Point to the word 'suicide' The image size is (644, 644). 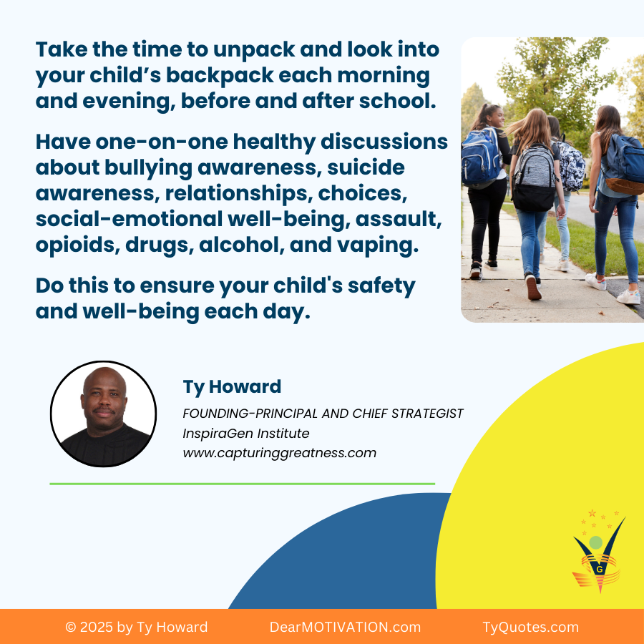[366, 167]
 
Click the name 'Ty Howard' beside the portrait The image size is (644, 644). [232, 387]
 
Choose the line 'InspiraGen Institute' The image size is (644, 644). [246, 434]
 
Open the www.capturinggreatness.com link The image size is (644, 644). [279, 453]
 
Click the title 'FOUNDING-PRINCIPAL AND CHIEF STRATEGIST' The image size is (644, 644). [323, 413]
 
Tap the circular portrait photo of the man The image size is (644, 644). [104, 414]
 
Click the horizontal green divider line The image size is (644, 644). [243, 484]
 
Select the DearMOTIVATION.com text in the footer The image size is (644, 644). [345, 627]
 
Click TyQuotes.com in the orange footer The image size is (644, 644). [531, 627]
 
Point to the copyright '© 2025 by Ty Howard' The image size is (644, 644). [137, 627]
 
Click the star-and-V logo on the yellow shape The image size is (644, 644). [599, 551]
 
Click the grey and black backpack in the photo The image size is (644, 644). [534, 179]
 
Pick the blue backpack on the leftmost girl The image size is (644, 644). [481, 157]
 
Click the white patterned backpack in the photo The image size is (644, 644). [571, 166]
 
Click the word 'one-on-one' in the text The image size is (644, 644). [162, 142]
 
